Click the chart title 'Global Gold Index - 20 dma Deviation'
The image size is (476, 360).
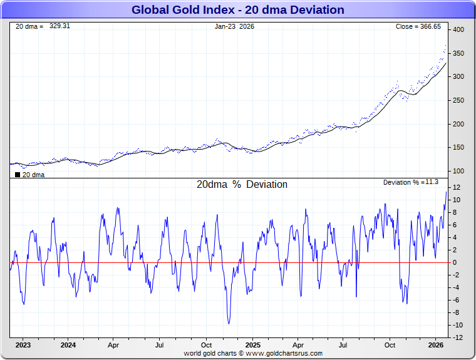237,10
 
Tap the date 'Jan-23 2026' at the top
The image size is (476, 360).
234,27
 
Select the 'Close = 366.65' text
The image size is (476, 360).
418,27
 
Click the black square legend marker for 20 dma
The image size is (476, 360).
17,175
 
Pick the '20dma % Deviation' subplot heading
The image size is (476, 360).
242,185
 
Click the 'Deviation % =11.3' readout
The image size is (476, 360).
410,182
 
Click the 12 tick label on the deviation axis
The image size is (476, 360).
457,187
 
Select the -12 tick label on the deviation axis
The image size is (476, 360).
457,337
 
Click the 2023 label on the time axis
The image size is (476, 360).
23,345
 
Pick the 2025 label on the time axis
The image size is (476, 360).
252,345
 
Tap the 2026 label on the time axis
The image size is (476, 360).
436,345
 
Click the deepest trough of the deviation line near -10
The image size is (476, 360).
229,323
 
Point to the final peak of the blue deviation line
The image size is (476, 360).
447,192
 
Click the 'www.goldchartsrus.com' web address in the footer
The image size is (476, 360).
284,353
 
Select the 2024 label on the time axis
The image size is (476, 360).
68,345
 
